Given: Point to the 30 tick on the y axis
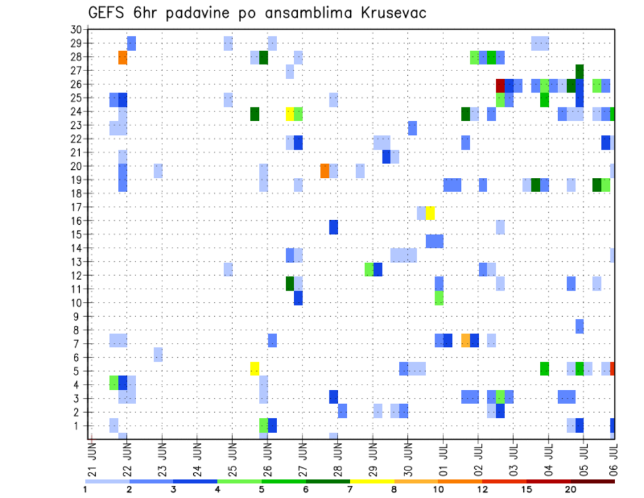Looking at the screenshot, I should (76, 30).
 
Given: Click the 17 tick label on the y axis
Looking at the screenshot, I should (76, 207).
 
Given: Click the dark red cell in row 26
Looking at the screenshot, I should (500, 85).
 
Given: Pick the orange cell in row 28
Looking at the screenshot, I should (123, 58).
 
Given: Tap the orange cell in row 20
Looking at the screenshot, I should (325, 170).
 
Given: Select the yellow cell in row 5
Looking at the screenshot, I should (254, 368).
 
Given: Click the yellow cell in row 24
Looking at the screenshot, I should (290, 113).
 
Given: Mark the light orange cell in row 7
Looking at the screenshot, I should (466, 340).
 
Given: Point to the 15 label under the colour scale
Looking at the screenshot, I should (527, 489).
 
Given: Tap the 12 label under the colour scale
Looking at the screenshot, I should (482, 489).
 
